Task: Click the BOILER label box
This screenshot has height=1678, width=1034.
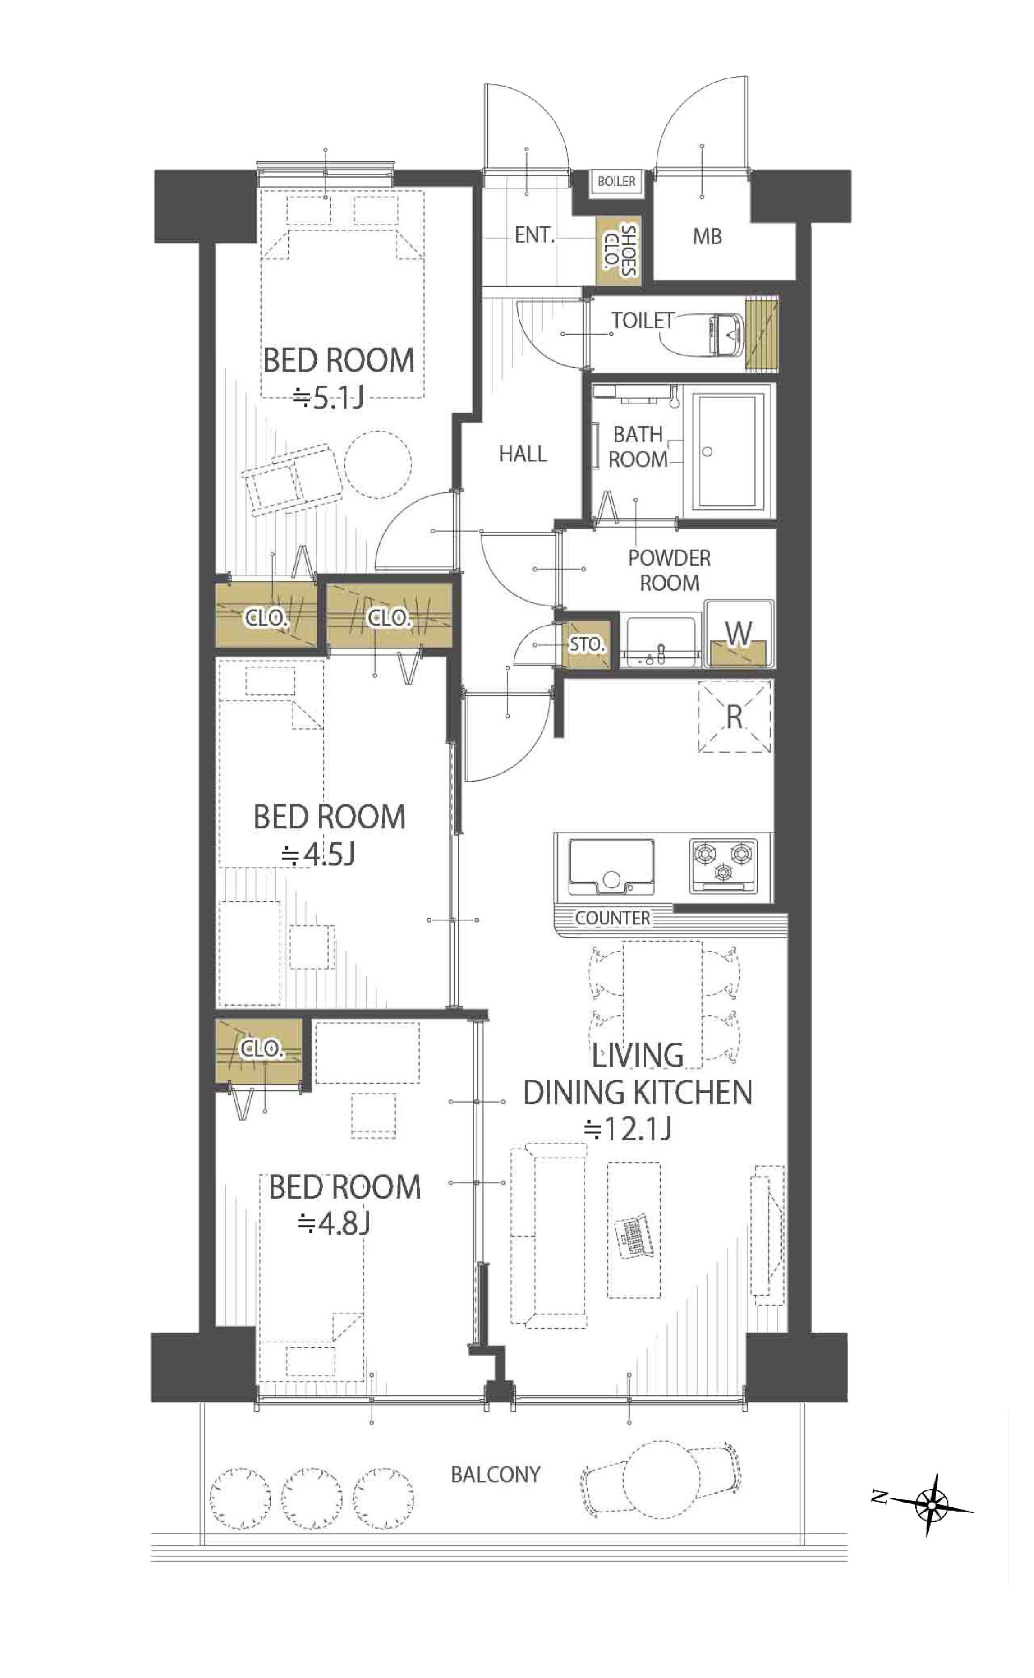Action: point(616,182)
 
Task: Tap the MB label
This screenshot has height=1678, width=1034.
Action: point(707,237)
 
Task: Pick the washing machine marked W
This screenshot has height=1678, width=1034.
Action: point(739,634)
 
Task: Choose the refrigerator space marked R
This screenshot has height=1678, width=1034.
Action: point(734,717)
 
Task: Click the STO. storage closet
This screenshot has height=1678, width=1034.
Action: point(586,645)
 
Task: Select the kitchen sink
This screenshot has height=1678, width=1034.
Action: point(611,866)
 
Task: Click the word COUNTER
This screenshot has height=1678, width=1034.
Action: point(613,918)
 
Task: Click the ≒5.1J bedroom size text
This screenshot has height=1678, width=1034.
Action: point(328,398)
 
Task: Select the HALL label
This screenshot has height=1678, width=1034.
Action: point(523,454)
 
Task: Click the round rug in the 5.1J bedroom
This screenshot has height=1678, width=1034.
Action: point(378,464)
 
